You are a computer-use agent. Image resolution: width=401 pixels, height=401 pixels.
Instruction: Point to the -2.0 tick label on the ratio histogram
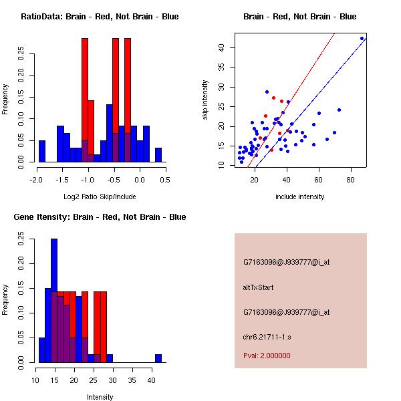click(x=36, y=179)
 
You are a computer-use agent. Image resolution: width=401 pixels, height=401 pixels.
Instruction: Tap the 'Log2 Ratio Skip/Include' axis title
click(x=100, y=196)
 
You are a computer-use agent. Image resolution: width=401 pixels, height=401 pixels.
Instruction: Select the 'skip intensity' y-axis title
click(x=206, y=100)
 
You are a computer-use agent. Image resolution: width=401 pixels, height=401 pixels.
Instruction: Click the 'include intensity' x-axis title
click(x=300, y=196)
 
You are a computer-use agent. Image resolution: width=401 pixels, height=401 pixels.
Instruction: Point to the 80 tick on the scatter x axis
click(x=350, y=179)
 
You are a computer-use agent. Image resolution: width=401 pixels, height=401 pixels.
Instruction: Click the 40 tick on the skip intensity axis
click(x=221, y=47)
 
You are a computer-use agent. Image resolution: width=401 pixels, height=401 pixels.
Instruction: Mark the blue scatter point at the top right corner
click(x=362, y=39)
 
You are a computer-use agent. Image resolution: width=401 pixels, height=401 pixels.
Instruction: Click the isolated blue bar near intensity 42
click(x=158, y=358)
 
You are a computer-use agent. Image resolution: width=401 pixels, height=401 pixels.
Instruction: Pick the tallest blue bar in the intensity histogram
click(x=54, y=301)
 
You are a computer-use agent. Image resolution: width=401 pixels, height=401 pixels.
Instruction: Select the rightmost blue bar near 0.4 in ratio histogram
click(x=158, y=155)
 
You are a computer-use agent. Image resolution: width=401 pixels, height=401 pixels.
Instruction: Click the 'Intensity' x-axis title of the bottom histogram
click(x=100, y=397)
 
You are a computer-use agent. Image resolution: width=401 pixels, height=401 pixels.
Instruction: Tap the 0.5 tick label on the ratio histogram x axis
click(x=165, y=179)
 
